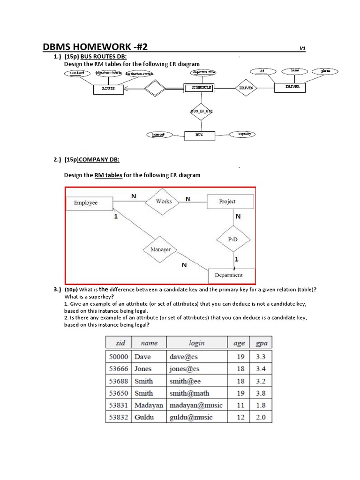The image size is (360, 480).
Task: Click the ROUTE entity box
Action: [108, 88]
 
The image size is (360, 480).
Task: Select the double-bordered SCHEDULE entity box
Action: [199, 88]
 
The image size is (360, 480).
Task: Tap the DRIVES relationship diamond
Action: [246, 88]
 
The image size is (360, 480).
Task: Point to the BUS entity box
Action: [199, 135]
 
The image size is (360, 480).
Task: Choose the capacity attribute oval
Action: [244, 134]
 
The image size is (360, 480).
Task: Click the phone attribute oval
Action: [325, 71]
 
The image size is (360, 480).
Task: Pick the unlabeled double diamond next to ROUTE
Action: [155, 88]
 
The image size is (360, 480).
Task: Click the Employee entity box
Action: [89, 203]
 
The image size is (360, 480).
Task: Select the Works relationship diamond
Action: [164, 202]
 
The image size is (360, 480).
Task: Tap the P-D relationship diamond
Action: [232, 239]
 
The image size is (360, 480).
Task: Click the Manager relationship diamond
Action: [160, 250]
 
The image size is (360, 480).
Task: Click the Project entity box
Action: [230, 202]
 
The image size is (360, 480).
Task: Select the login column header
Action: [196, 343]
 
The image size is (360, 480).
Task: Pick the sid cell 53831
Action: [119, 405]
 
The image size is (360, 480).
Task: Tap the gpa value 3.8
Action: [261, 393]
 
